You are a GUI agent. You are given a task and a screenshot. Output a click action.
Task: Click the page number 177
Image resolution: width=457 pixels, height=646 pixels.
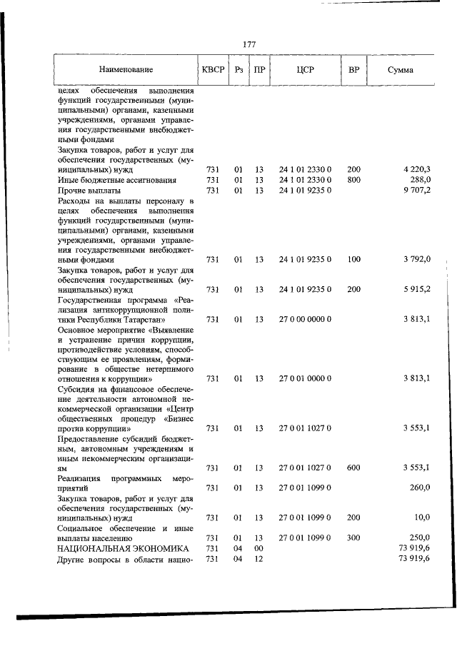coord(249,44)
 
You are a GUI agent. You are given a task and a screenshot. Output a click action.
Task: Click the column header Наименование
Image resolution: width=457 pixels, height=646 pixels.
coord(126,70)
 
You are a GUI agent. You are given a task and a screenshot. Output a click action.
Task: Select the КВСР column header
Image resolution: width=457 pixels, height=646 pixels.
coord(212,70)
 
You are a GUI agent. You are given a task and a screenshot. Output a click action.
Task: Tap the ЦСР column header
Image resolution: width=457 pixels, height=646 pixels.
coord(305,70)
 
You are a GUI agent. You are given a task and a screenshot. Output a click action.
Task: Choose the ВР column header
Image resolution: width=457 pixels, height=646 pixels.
coord(353,70)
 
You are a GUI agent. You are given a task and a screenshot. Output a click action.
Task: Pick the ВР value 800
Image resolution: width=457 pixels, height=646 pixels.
coord(353,180)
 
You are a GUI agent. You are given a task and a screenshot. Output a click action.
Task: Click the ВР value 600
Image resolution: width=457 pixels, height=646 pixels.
coord(353,468)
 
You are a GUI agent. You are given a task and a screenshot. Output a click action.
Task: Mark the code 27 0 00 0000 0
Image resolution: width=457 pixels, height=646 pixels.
coord(305,319)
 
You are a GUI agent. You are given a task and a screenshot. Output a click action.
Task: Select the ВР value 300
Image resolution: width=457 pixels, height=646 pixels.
coord(353,537)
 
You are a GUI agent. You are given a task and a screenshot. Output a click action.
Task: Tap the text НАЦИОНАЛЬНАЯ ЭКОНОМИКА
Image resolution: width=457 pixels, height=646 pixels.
coord(114,547)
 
